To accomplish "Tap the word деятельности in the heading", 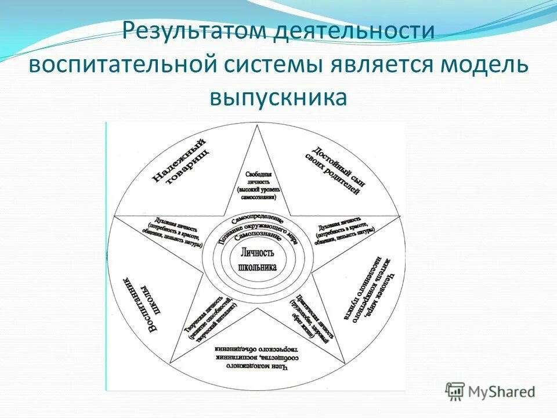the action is pyautogui.click(x=355, y=31).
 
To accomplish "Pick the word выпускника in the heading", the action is pyautogui.click(x=278, y=98).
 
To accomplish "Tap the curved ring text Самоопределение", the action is pyautogui.click(x=257, y=221).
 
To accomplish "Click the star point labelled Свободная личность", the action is pyautogui.click(x=256, y=185).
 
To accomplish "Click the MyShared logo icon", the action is pyautogui.click(x=455, y=391).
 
